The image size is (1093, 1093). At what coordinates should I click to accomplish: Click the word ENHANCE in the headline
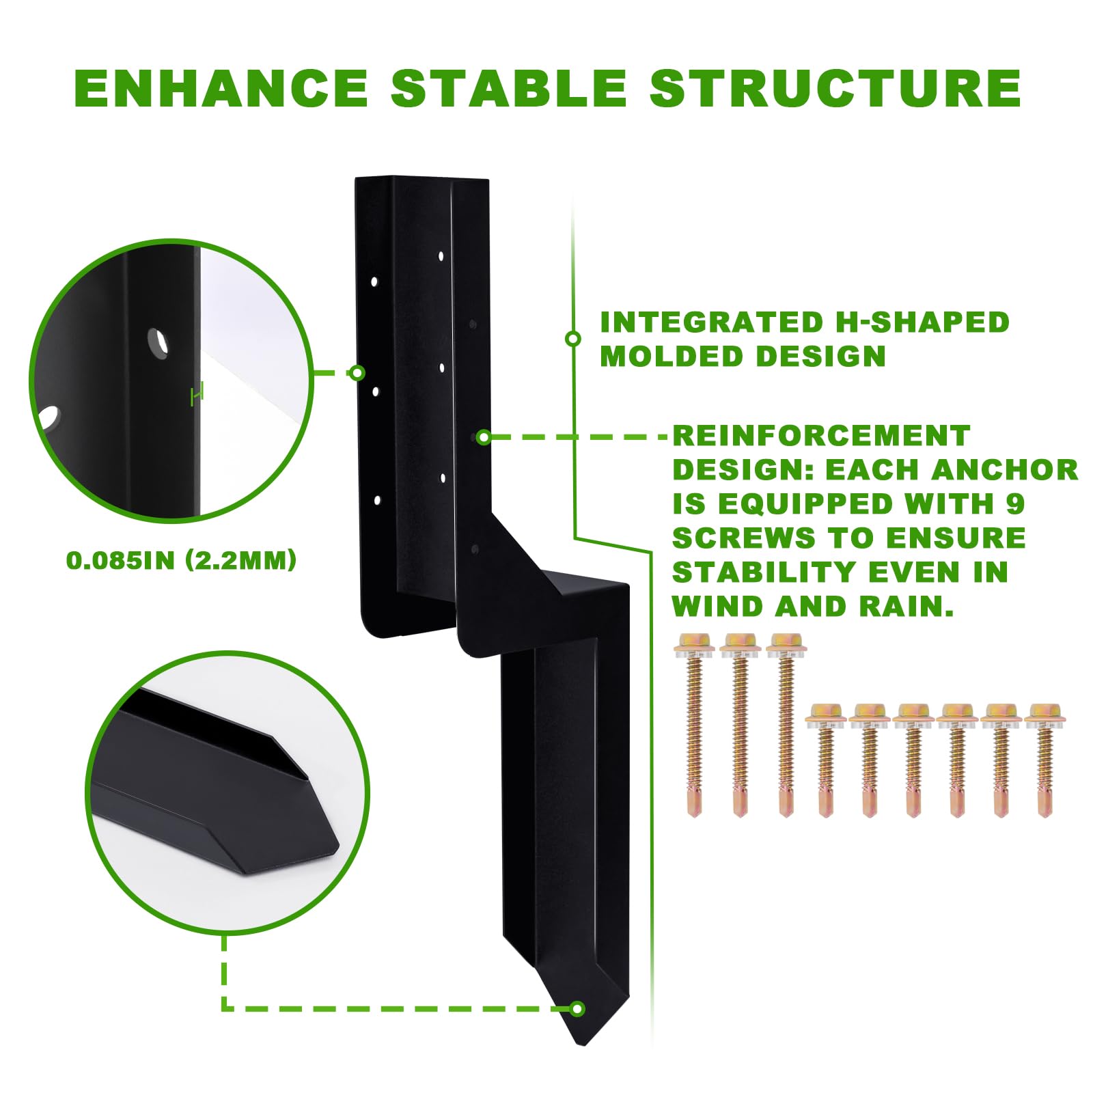[221, 88]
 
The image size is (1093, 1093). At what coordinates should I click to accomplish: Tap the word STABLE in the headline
[509, 88]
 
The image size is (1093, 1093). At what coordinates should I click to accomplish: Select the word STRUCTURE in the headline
[835, 88]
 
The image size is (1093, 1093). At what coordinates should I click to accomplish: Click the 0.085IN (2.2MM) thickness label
[182, 560]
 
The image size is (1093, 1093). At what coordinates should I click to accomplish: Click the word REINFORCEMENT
[821, 435]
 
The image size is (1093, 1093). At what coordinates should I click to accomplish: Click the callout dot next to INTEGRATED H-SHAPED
[573, 338]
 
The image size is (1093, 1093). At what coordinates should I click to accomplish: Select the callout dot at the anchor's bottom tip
[578, 1008]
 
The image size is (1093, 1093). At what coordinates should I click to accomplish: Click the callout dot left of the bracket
[357, 372]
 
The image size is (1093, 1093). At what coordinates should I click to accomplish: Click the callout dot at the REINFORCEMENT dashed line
[483, 437]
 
